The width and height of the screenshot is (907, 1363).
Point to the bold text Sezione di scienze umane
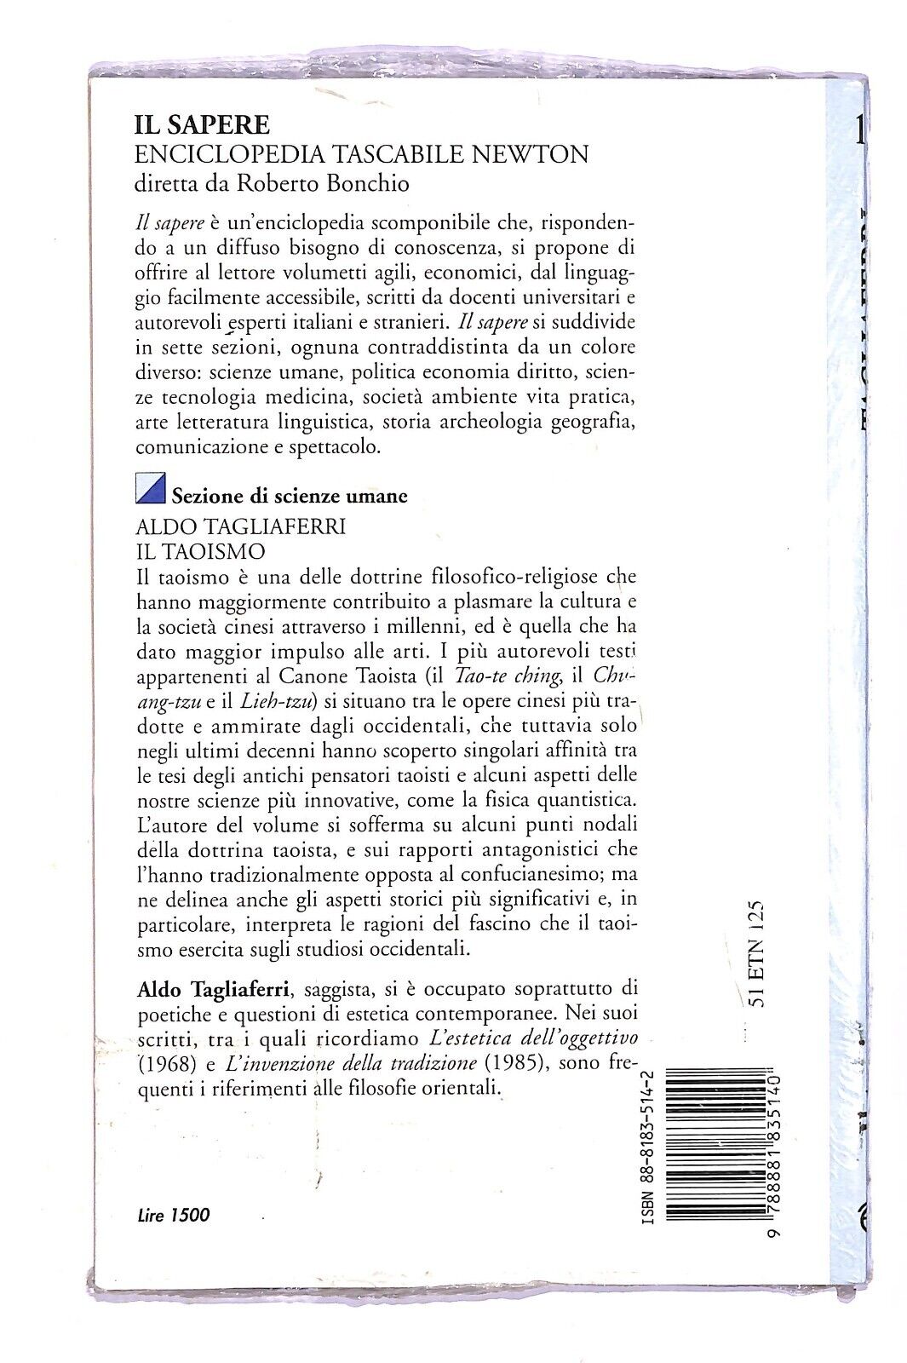[290, 496]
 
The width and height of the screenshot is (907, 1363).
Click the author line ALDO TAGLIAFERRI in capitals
[241, 526]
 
